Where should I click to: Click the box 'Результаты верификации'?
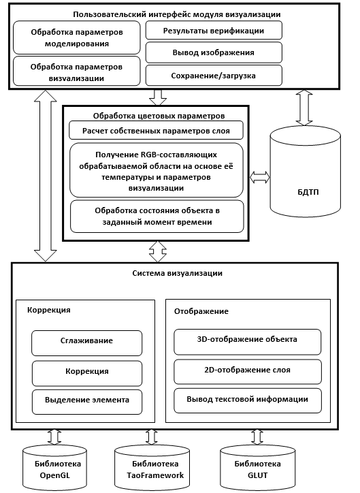pos(214,31)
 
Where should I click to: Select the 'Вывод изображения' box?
pos(214,52)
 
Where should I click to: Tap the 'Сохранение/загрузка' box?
pos(214,76)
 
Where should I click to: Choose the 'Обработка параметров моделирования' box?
pos(77,37)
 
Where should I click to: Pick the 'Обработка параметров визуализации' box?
pos(77,71)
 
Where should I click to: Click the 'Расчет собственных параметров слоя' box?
pos(156,131)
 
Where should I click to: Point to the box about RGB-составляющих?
pos(156,171)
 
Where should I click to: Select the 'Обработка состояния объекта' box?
pos(157,217)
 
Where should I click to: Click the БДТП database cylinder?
pos(306,172)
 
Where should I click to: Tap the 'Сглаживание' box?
pos(86,343)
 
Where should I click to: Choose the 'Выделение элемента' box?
pos(87,402)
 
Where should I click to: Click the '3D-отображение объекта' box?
pos(248,342)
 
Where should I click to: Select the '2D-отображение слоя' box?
pos(248,372)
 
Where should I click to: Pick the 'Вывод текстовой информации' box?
pos(248,400)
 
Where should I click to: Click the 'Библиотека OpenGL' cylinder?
pos(55,468)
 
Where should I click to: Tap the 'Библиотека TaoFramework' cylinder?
pos(152,468)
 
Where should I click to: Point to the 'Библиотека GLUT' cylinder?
pos(258,468)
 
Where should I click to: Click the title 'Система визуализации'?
pos(177,273)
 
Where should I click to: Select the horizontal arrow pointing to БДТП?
pos(260,178)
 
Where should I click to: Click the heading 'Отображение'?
pos(201,311)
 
